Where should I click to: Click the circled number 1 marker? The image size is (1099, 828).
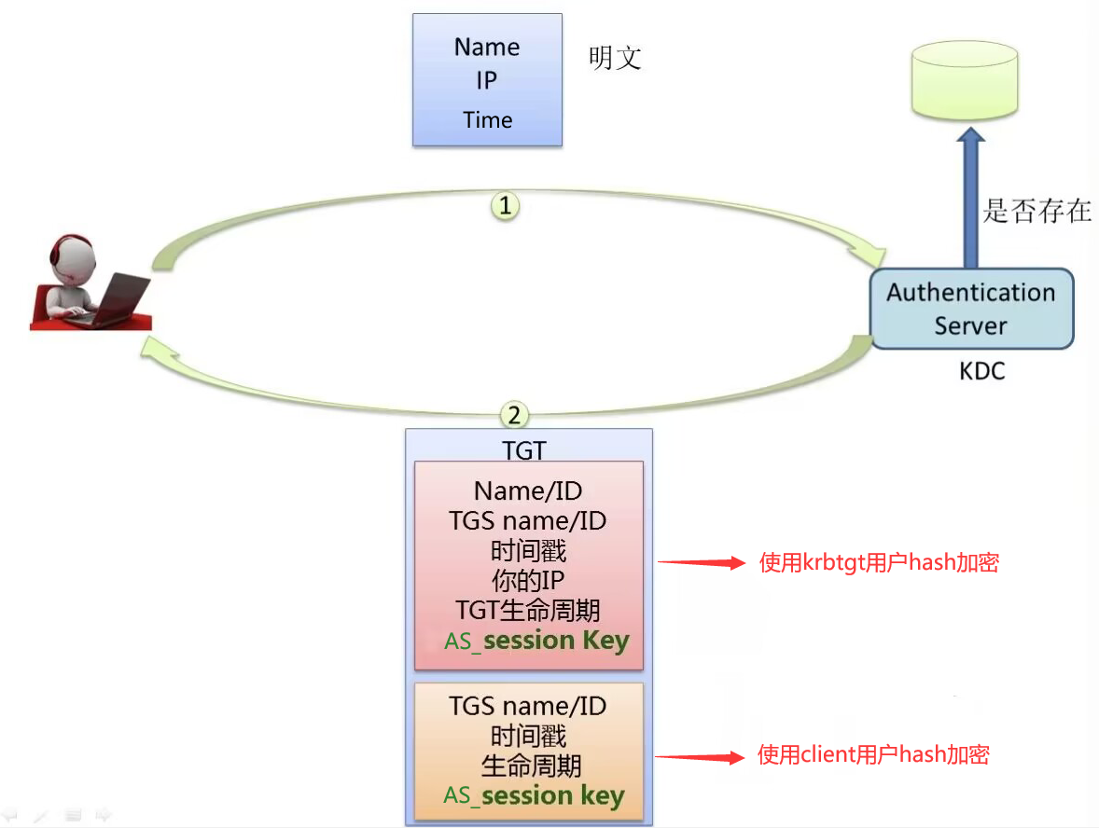tap(505, 206)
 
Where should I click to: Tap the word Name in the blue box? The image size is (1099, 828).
tap(487, 47)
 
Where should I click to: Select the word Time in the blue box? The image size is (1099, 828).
tap(487, 120)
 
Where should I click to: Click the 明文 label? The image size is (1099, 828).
tap(615, 59)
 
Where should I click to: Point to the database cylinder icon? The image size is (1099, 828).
tap(963, 83)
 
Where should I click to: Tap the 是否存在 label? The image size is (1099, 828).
tap(1036, 210)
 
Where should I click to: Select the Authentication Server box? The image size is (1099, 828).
tap(970, 309)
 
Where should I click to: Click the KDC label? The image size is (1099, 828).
tap(982, 371)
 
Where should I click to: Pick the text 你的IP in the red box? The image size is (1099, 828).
tap(528, 581)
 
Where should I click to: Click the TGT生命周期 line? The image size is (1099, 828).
tap(528, 611)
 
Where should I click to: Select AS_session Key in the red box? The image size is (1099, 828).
tap(536, 642)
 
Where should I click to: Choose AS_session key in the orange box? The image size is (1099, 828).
tap(534, 795)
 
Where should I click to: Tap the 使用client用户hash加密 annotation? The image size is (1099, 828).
tap(873, 754)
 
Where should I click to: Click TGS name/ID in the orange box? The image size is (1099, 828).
tap(528, 706)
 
